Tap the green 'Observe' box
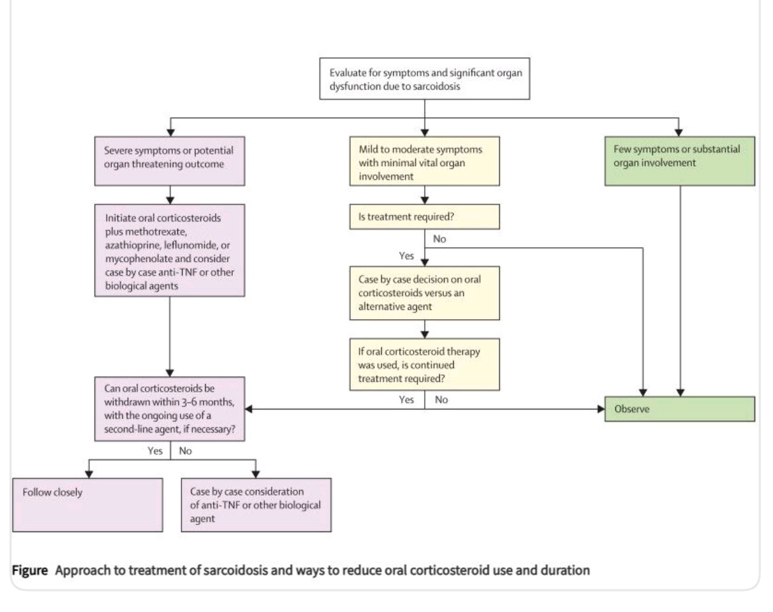(679, 409)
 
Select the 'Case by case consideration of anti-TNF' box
(256, 505)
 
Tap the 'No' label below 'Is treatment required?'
(441, 239)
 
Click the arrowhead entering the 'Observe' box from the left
(602, 409)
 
